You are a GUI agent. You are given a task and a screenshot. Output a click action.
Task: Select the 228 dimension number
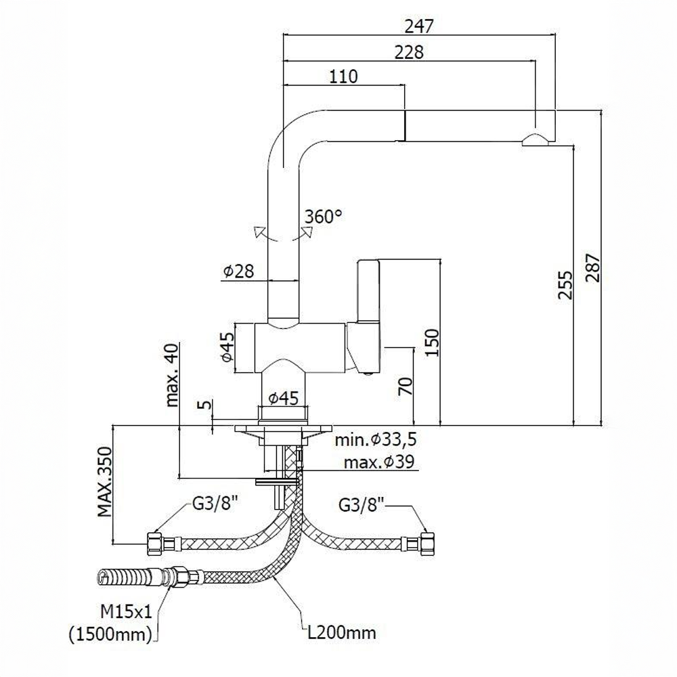(x=409, y=52)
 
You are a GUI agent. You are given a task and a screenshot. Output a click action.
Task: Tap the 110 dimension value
(x=344, y=77)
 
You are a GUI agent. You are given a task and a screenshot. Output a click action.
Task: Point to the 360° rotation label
(x=324, y=216)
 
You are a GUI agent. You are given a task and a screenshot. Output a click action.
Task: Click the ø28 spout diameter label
(x=239, y=271)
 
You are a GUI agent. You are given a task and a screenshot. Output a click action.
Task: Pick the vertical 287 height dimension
(x=593, y=267)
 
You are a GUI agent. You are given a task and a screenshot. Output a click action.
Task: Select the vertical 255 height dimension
(x=565, y=285)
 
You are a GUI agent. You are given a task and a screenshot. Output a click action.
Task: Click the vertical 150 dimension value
(x=432, y=342)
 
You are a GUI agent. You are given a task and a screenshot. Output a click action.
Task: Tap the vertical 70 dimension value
(x=406, y=387)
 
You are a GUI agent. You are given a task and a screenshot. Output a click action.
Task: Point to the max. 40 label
(x=172, y=375)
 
